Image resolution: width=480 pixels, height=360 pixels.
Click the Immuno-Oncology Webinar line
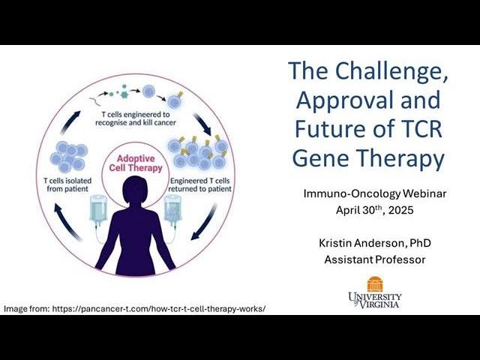[374, 193]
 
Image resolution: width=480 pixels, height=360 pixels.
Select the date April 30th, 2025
[374, 210]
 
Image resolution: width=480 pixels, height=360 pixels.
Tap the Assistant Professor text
[374, 259]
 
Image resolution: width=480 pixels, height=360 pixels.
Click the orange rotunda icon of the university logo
[374, 284]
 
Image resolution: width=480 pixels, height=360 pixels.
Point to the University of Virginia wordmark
[374, 299]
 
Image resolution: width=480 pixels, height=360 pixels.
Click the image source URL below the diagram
[135, 308]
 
